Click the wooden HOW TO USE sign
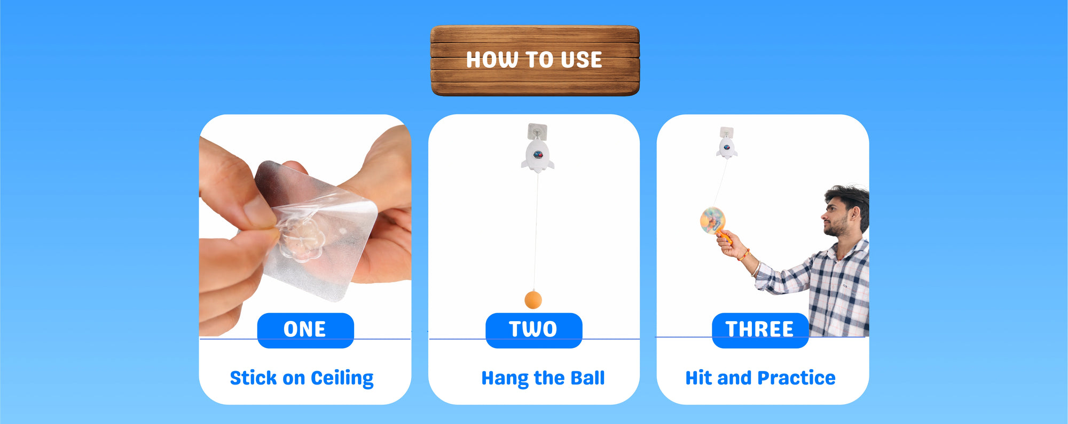tap(535, 60)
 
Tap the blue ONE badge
tap(305, 330)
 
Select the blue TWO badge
tap(533, 330)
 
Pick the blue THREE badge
tap(760, 330)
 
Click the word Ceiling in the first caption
tap(342, 378)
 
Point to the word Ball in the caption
tap(587, 378)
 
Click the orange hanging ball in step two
tap(533, 300)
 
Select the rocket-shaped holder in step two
tap(538, 155)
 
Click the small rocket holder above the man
tap(726, 147)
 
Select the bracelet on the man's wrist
tap(744, 255)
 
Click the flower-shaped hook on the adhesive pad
tap(301, 239)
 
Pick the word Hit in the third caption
tap(698, 378)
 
